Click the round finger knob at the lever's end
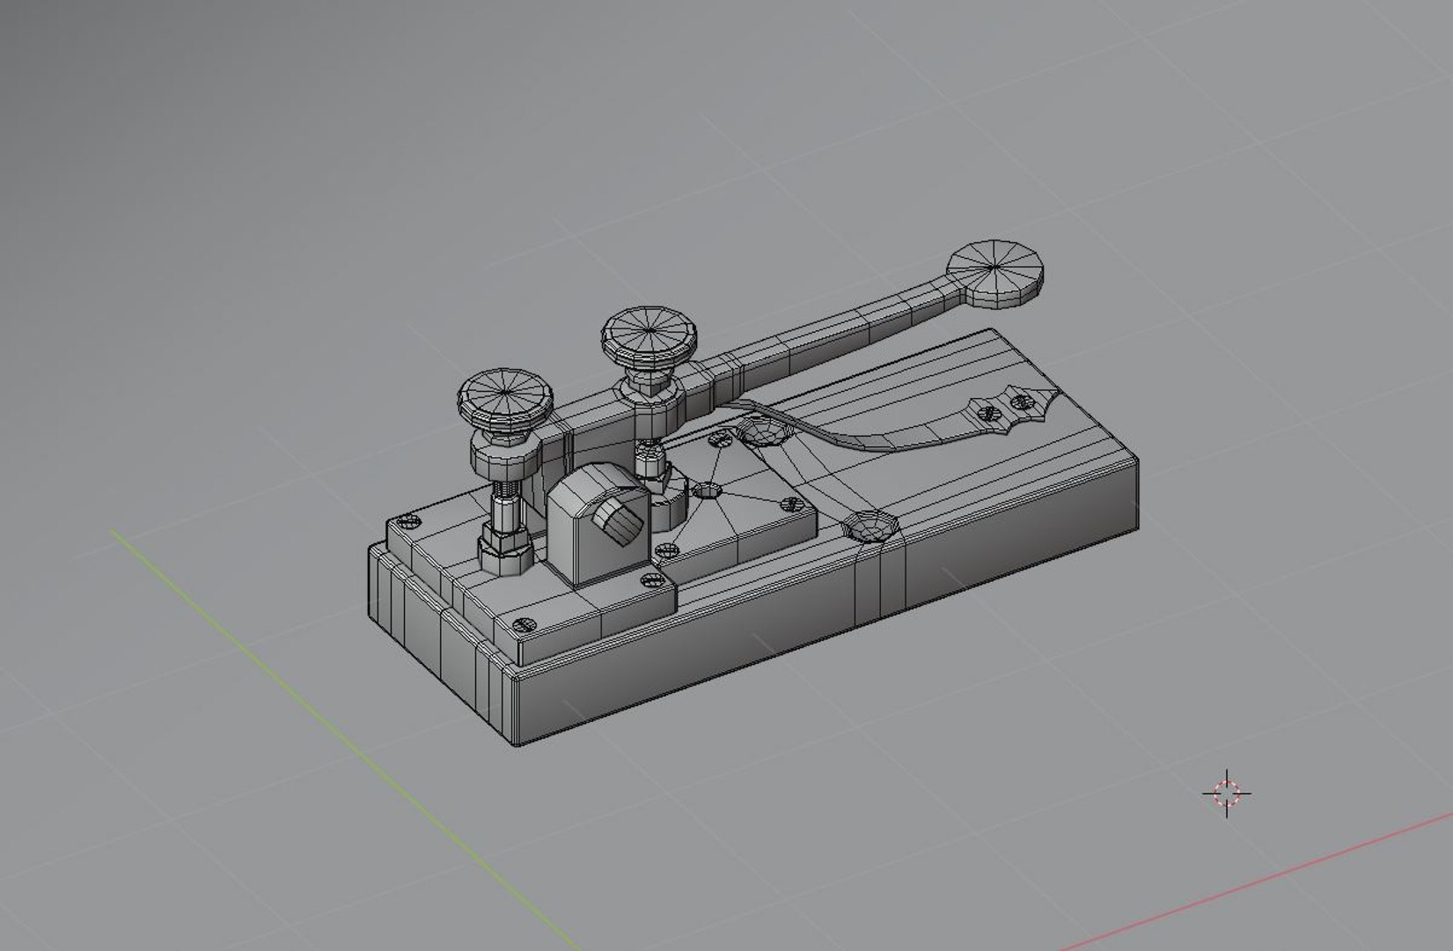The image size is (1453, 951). click(x=996, y=273)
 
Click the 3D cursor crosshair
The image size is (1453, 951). click(x=1227, y=793)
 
